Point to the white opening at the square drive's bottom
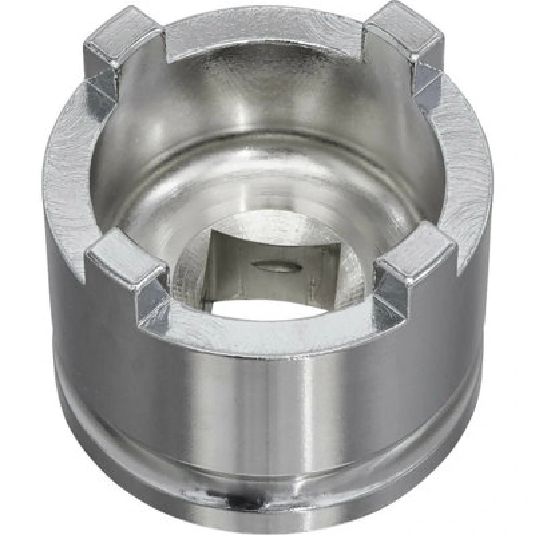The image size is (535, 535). [267, 308]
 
